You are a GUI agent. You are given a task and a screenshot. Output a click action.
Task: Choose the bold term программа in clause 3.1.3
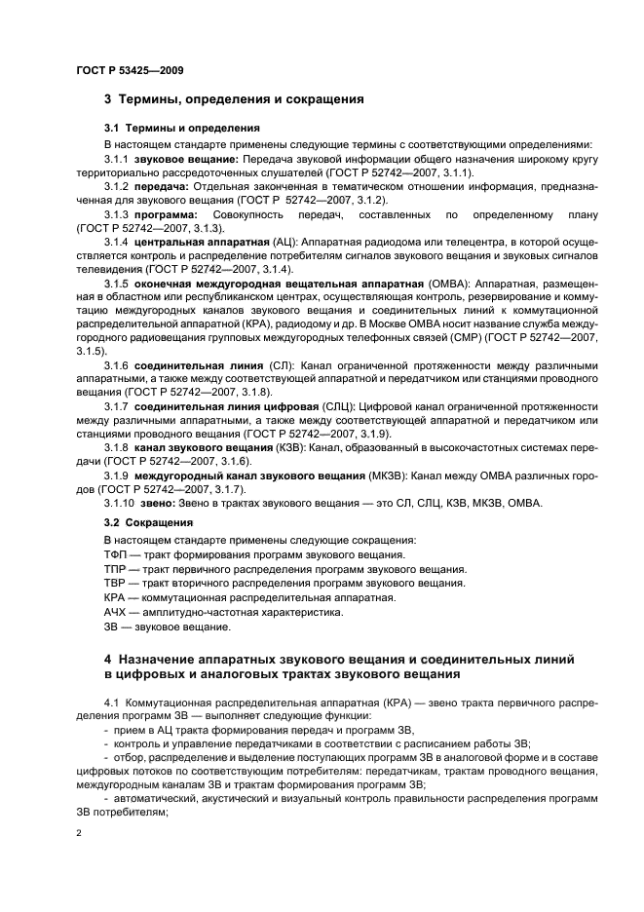tap(166, 213)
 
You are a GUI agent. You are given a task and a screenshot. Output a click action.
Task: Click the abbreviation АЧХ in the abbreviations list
tap(116, 611)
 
